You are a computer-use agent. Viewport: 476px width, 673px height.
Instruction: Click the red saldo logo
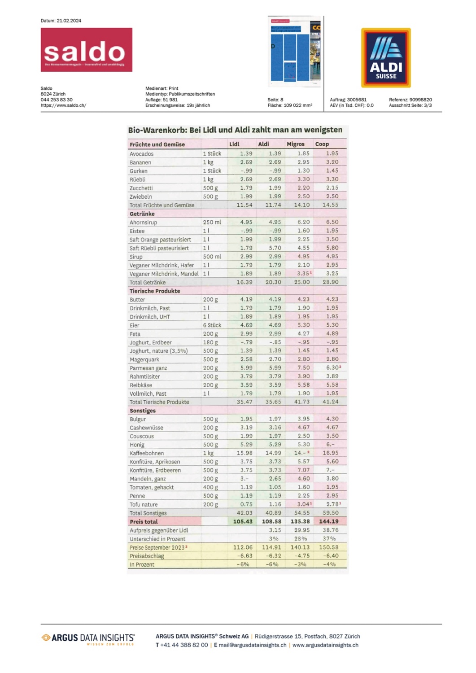pyautogui.click(x=86, y=50)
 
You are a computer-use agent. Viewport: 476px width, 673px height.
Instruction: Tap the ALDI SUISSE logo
pyautogui.click(x=386, y=58)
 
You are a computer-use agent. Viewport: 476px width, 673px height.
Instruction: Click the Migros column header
pyautogui.click(x=296, y=144)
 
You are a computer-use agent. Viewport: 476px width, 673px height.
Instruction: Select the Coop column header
pyautogui.click(x=322, y=144)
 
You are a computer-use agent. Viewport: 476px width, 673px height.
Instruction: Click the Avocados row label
pyautogui.click(x=142, y=154)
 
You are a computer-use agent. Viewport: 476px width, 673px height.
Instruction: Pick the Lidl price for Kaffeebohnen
pyautogui.click(x=245, y=453)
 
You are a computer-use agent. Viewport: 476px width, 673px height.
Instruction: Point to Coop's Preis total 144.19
pyautogui.click(x=329, y=521)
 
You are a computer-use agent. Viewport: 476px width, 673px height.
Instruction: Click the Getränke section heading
pyautogui.click(x=142, y=214)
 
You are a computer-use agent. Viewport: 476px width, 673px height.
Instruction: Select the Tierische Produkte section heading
pyautogui.click(x=155, y=291)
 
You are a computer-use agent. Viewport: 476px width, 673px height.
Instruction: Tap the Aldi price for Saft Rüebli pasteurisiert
pyautogui.click(x=275, y=248)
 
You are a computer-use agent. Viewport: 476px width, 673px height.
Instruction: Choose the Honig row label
pyautogui.click(x=137, y=445)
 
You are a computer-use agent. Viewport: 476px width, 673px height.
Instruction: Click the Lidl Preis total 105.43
pyautogui.click(x=243, y=521)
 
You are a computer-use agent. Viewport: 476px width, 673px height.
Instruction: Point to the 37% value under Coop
pyautogui.click(x=329, y=538)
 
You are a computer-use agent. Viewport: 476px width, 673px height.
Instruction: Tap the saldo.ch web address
pyautogui.click(x=63, y=105)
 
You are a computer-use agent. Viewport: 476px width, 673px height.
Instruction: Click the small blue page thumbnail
pyautogui.click(x=295, y=52)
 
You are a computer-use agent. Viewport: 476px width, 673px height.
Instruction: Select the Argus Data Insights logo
pyautogui.click(x=88, y=638)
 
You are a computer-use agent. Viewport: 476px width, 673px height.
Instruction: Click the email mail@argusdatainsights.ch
pyautogui.click(x=253, y=645)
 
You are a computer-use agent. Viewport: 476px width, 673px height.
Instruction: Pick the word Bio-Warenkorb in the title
pyautogui.click(x=157, y=130)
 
